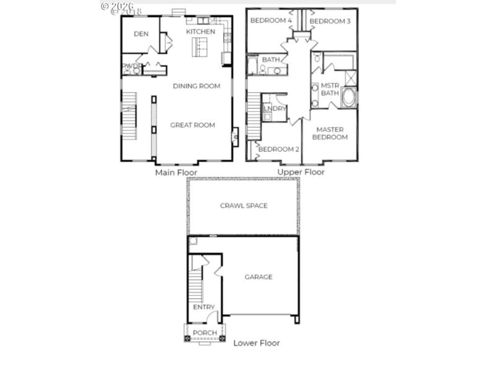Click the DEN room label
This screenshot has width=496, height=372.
point(141,34)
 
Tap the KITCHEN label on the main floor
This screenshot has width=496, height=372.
point(200,32)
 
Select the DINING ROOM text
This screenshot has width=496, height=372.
point(197,86)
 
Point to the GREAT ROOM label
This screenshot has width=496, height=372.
point(193,125)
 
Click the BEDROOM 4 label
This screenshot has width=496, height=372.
point(271,21)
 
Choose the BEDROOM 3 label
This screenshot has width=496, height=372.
point(330,22)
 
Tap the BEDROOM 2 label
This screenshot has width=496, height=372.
point(279,149)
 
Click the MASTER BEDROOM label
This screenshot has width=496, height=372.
point(330,133)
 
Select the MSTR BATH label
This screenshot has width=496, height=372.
point(330,89)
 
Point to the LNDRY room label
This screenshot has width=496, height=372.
point(275,109)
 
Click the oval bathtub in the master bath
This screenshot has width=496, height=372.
point(349,98)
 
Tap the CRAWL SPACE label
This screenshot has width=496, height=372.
point(244,206)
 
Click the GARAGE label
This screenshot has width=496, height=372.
point(258,277)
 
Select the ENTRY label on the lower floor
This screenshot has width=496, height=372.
point(204,308)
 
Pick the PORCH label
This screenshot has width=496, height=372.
point(205,333)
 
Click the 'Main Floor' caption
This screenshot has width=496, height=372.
point(176,172)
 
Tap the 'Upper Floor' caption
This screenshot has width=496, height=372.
point(301,172)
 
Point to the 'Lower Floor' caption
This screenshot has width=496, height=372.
point(257,343)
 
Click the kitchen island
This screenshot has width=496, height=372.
point(200,46)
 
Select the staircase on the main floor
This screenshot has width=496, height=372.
point(128,116)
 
